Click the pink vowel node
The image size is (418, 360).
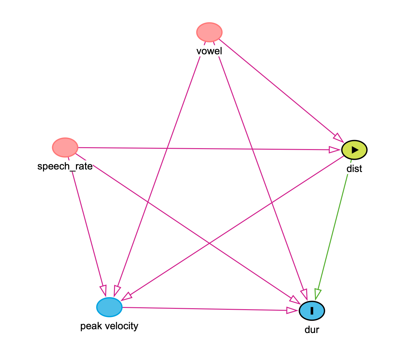pos(209,32)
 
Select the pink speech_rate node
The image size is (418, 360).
pos(65,147)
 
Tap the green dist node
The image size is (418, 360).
pos(354,150)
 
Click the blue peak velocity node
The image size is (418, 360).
pos(109,307)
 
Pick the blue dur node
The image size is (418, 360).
pos(312,311)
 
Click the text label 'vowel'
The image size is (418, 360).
pos(209,51)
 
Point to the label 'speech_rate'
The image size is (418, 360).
pos(65,166)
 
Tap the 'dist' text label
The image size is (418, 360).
pos(354,169)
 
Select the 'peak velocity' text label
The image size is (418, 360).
pos(109,326)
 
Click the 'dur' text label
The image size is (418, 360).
pos(312,330)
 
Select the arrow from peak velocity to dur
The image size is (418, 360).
pos(204,309)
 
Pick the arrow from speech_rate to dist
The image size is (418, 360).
pos(204,148)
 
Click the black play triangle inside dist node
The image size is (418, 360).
pos(355,150)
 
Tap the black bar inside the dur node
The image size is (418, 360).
pos(312,311)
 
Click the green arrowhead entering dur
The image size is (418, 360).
pos(318,294)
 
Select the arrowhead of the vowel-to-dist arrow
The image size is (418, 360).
pos(339,137)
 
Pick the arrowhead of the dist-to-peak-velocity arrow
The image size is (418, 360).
pos(127,296)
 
